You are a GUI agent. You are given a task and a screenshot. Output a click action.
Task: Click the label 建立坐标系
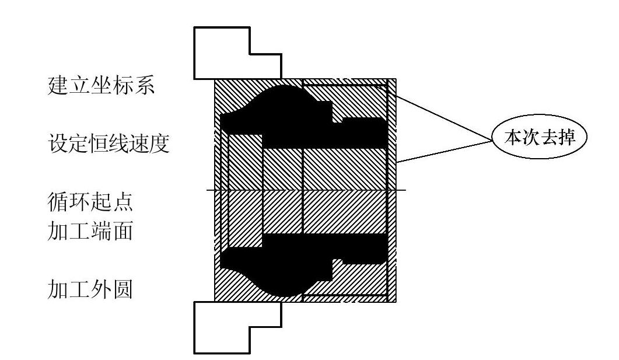click(x=100, y=86)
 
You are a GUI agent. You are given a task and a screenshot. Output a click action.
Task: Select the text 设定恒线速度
click(x=108, y=143)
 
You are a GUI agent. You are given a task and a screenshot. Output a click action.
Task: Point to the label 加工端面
click(x=90, y=232)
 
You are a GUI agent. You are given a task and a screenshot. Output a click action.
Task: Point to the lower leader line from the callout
click(x=443, y=151)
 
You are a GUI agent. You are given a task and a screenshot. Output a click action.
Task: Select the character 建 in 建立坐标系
click(x=57, y=86)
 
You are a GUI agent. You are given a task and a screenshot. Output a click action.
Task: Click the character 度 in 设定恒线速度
click(x=159, y=143)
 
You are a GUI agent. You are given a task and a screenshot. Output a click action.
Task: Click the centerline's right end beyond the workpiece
click(x=401, y=190)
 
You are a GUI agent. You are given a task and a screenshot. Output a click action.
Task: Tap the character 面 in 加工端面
click(x=123, y=232)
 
